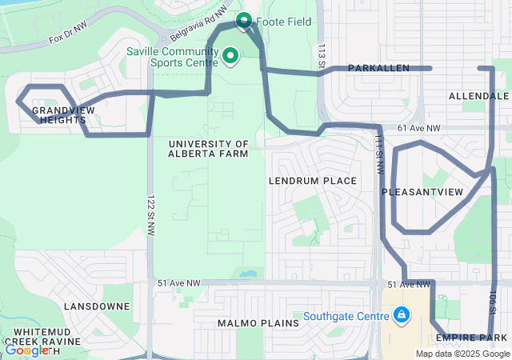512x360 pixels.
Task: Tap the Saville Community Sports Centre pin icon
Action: [x=231, y=55]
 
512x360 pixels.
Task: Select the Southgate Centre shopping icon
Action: [x=400, y=316]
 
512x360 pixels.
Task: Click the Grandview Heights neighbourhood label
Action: [x=59, y=114]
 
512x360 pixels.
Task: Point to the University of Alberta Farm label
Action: [x=208, y=148]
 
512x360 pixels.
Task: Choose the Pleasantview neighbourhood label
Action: [x=422, y=192]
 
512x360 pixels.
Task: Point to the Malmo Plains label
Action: [x=258, y=323]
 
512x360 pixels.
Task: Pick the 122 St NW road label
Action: [x=151, y=215]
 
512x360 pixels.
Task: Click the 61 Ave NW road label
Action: [x=418, y=128]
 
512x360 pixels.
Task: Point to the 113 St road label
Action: [x=321, y=58]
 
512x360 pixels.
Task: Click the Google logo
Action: [x=27, y=350]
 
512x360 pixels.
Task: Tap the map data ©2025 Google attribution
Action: [x=462, y=354]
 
